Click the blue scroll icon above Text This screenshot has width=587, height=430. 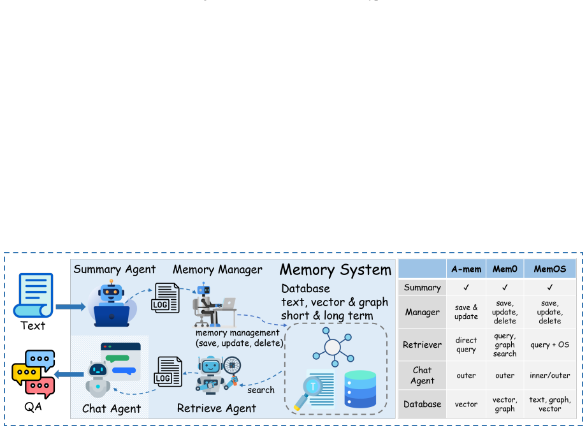[33, 295]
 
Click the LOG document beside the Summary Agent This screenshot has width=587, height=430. [165, 298]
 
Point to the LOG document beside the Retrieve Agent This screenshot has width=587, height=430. [168, 371]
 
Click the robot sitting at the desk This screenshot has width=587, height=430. [214, 305]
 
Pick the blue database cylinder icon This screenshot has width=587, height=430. [360, 389]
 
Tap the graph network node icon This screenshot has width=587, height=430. [333, 347]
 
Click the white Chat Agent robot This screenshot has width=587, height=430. [98, 380]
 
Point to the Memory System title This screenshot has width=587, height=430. [335, 270]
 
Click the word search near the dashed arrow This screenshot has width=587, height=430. [261, 390]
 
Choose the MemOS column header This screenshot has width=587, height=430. [549, 269]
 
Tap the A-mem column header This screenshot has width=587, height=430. [466, 269]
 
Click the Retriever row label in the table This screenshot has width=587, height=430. [423, 345]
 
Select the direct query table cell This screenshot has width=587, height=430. [466, 345]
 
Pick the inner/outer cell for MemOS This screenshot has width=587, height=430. [549, 375]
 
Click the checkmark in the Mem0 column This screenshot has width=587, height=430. [505, 287]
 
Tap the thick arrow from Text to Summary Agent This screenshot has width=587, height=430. [70, 307]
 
